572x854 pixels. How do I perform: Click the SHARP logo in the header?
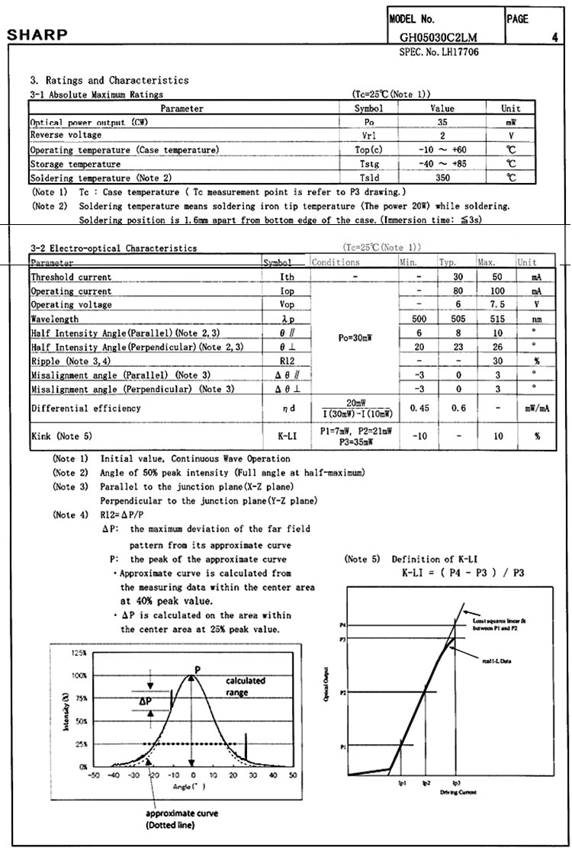pyautogui.click(x=37, y=35)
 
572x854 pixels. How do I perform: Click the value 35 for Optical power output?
pyautogui.click(x=442, y=122)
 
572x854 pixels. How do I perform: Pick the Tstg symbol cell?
pyautogui.click(x=369, y=164)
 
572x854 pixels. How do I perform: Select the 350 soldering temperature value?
pyautogui.click(x=442, y=178)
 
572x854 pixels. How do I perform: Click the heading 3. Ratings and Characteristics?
pyautogui.click(x=109, y=80)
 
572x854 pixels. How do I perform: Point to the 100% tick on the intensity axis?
pyautogui.click(x=79, y=676)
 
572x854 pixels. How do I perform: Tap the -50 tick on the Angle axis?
pyautogui.click(x=93, y=775)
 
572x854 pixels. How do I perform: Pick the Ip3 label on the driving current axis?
pyautogui.click(x=456, y=783)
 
